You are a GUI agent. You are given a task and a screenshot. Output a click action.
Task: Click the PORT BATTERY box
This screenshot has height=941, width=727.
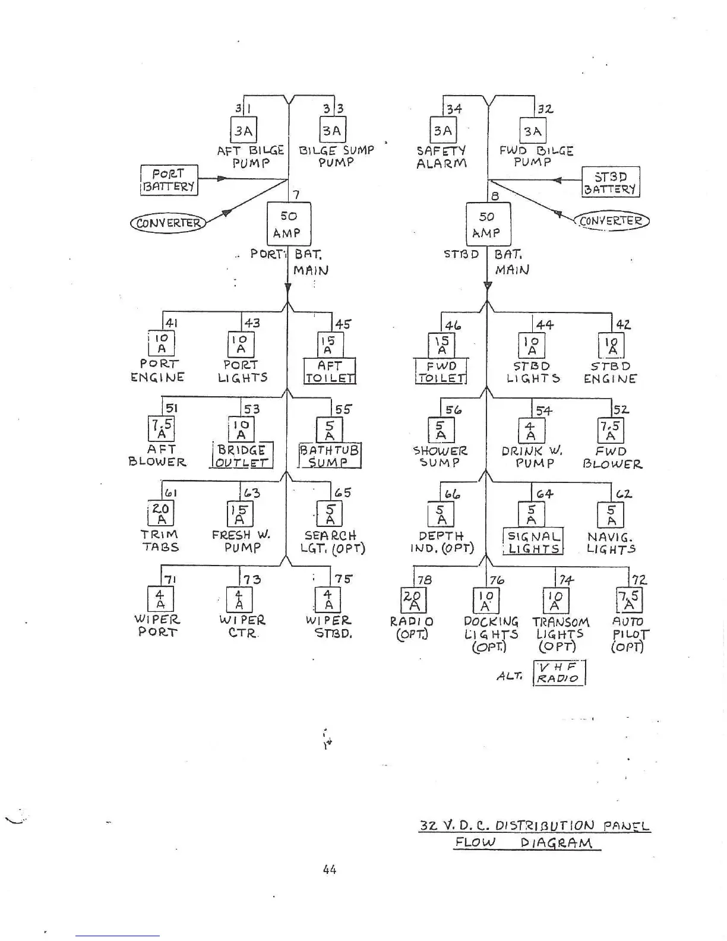(169, 180)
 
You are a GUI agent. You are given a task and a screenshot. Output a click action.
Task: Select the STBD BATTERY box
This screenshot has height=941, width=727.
(611, 182)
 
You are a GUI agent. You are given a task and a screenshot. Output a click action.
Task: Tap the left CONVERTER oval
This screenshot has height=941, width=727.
(167, 223)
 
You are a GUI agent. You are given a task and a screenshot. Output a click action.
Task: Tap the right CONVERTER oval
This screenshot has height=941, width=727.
(611, 221)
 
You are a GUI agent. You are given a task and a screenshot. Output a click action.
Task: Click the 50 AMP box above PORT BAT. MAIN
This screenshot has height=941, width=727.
(288, 225)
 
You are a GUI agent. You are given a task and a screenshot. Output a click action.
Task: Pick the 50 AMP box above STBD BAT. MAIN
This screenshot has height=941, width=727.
(488, 225)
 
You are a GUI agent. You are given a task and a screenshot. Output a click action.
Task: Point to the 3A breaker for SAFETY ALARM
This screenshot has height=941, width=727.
(442, 131)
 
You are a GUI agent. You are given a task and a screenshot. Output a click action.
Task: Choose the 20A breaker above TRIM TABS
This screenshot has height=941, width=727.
(160, 514)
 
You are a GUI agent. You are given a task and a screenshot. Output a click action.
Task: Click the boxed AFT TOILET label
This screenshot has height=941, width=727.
(330, 371)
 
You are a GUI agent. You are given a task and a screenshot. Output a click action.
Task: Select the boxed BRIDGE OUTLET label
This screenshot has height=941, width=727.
(242, 456)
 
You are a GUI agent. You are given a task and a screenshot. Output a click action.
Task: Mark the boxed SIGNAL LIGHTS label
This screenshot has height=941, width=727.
(533, 542)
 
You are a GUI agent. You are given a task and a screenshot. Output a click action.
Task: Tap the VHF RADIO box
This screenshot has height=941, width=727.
(559, 673)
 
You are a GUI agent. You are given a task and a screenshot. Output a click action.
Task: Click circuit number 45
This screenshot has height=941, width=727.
(343, 324)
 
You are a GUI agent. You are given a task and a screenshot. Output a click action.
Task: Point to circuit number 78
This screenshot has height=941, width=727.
(424, 580)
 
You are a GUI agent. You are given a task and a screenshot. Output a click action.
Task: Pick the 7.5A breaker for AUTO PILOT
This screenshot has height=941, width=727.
(630, 600)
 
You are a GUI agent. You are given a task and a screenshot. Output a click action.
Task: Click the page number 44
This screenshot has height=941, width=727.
(330, 870)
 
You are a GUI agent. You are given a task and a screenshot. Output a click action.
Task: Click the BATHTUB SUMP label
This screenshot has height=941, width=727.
(330, 456)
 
